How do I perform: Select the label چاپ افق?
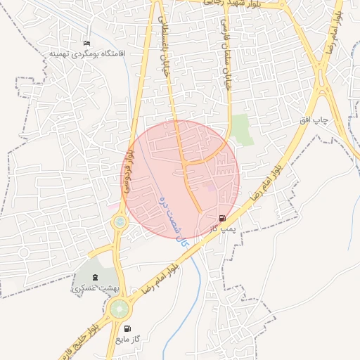(x=315, y=120)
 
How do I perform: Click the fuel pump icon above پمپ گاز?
(x=223, y=219)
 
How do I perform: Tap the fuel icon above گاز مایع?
(x=127, y=329)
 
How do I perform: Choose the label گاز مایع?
(x=128, y=340)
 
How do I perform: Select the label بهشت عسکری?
(x=96, y=289)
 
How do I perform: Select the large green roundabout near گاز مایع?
(x=120, y=308)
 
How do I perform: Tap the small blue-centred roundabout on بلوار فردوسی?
(x=119, y=222)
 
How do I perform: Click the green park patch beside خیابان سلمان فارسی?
(x=242, y=129)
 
